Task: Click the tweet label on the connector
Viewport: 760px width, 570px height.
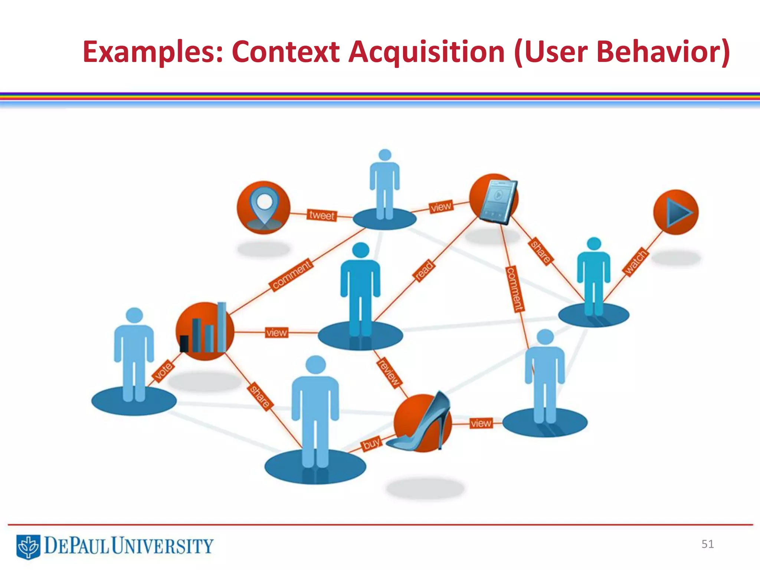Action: (322, 215)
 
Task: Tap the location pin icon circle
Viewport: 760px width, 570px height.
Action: (263, 207)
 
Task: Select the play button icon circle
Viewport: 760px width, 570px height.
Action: (676, 212)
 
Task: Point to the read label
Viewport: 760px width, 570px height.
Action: (424, 271)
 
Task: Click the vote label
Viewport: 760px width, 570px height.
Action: (163, 370)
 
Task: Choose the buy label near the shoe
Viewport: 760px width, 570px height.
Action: (371, 443)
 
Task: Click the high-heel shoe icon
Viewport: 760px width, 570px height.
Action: (423, 423)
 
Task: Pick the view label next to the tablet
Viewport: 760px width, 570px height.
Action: (441, 207)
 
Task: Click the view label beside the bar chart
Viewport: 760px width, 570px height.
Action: (276, 332)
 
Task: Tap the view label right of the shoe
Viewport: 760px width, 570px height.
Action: (481, 423)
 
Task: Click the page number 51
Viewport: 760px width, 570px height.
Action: (707, 544)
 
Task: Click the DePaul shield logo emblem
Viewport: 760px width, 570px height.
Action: (28, 547)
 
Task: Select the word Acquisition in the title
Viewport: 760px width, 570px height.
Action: (426, 52)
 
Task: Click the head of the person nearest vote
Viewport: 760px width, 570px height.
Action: (134, 315)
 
